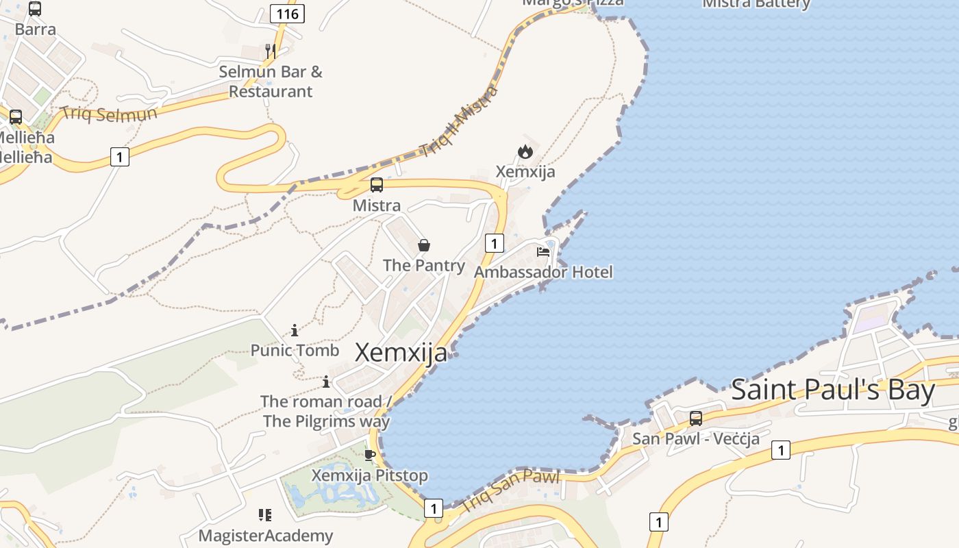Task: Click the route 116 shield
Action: [x=287, y=14]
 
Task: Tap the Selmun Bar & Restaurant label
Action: [x=271, y=82]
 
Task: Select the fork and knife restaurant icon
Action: [x=271, y=51]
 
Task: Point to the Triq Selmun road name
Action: [x=109, y=113]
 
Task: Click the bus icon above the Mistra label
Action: [x=376, y=184]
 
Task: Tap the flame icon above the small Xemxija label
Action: [x=525, y=151]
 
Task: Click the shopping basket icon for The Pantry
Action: [x=424, y=245]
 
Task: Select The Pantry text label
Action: [x=424, y=265]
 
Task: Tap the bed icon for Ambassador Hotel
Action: [x=543, y=252]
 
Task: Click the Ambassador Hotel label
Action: [x=543, y=272]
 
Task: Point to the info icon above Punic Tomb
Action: [x=295, y=331]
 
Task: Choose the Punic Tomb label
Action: [x=295, y=351]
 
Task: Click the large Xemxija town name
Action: [x=401, y=353]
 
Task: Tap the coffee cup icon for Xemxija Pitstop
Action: [x=370, y=455]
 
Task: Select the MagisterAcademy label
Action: [x=266, y=536]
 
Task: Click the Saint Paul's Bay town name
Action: [x=833, y=390]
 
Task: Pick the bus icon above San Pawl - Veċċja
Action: [x=696, y=418]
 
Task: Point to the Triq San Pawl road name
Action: [x=511, y=490]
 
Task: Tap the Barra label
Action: [x=35, y=29]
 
